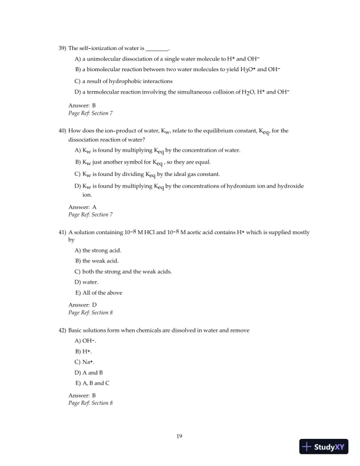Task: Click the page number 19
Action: pyautogui.click(x=180, y=436)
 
